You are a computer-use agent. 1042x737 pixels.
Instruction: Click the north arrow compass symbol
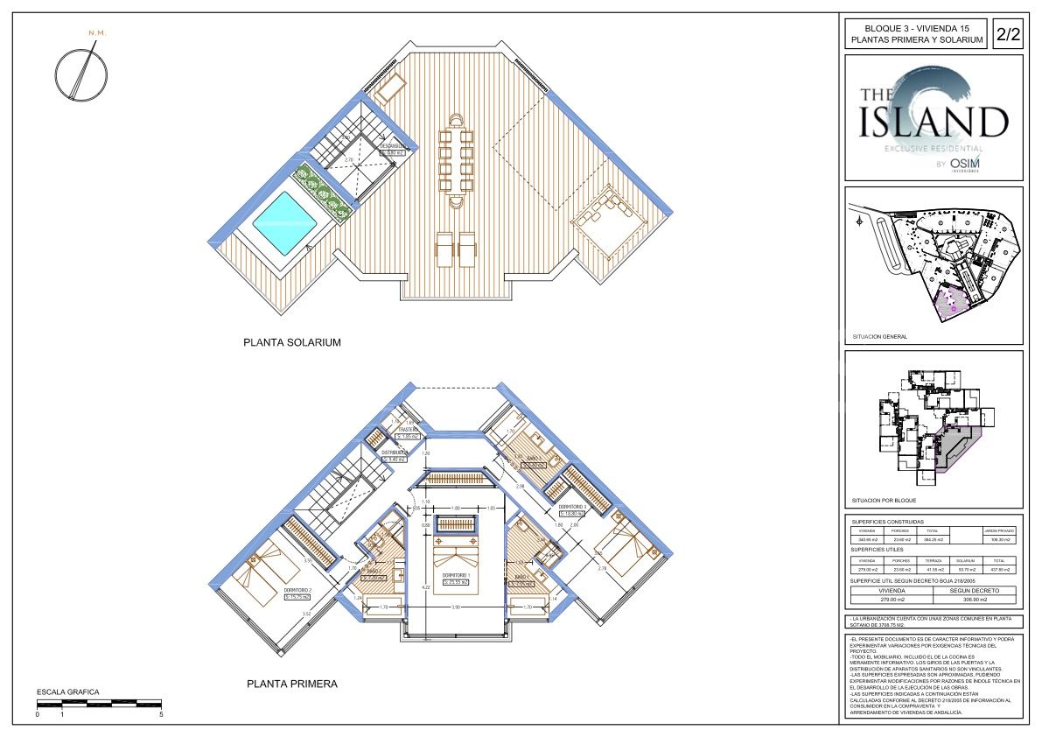[80, 71]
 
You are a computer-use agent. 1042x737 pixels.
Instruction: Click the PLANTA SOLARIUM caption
[291, 343]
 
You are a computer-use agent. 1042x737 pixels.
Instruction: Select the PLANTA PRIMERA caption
[291, 684]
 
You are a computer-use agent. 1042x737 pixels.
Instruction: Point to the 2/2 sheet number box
[1008, 35]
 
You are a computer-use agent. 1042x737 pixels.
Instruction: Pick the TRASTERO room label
[408, 430]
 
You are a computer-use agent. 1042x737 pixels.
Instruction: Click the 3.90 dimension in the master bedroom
[456, 606]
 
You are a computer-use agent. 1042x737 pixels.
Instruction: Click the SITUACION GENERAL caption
[879, 336]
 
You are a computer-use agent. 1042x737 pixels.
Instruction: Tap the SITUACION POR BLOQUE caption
[884, 502]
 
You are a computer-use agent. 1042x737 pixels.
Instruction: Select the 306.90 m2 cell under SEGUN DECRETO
[975, 600]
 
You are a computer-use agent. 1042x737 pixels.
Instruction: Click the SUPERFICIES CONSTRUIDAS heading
[887, 522]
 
